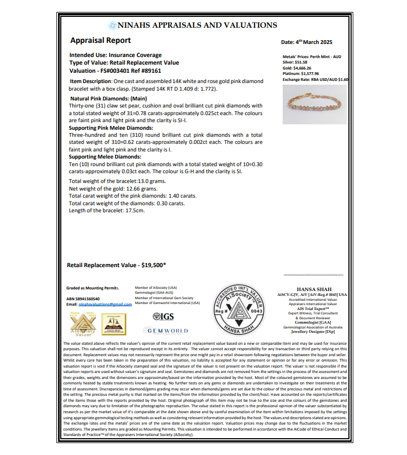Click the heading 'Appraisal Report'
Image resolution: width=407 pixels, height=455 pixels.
pyautogui.click(x=100, y=40)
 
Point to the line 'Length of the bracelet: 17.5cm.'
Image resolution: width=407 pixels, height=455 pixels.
pyautogui.click(x=107, y=210)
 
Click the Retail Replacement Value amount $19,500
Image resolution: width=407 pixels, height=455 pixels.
pyautogui.click(x=154, y=266)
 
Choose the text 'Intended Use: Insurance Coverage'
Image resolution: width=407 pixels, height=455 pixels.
pyautogui.click(x=116, y=55)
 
